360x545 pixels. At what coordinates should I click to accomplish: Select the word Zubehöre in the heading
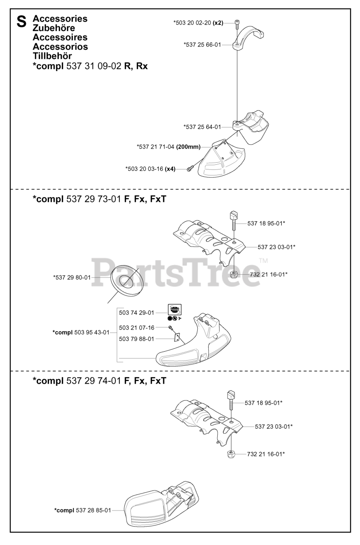[x=54, y=28]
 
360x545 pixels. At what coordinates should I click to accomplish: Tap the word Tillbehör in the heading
[x=52, y=56]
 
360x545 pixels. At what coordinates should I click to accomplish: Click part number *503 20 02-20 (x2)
[x=198, y=23]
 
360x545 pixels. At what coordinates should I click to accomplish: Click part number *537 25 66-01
[x=202, y=44]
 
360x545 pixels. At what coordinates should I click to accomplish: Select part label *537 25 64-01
[x=202, y=126]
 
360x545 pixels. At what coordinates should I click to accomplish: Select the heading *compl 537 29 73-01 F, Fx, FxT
[x=99, y=199]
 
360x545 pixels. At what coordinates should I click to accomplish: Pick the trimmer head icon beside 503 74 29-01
[x=174, y=310]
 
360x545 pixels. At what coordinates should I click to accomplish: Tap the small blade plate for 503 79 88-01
[x=176, y=338]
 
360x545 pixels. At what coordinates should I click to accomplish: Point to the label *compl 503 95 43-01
[x=81, y=332]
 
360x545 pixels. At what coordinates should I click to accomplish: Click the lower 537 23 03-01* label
[x=274, y=426]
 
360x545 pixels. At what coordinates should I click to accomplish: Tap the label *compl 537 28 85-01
[x=83, y=510]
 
